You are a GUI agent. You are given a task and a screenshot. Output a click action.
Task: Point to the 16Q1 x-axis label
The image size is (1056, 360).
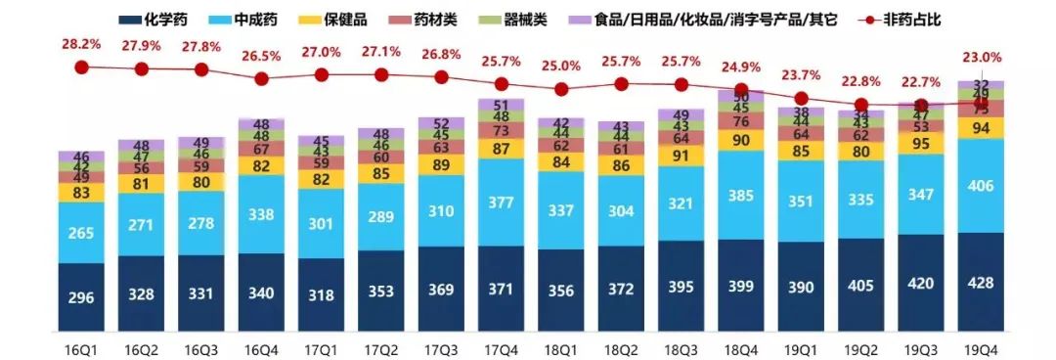pos(82,346)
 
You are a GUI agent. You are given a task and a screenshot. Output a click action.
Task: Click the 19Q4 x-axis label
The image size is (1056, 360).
pos(980,346)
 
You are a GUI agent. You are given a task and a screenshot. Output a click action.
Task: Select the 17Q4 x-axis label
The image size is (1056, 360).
pos(501,346)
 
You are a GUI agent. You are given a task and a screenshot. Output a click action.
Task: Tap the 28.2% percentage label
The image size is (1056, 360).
pos(82,44)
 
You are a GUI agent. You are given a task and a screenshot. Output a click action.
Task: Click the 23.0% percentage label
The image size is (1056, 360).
pos(980,57)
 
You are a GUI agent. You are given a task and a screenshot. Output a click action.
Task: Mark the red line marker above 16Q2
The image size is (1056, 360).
pos(142,69)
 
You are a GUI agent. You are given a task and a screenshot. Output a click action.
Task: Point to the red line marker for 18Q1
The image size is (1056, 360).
pos(561,89)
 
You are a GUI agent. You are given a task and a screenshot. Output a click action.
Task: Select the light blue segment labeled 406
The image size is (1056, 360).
pos(980,186)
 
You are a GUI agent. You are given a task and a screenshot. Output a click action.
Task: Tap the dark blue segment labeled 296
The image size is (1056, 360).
pos(82,296)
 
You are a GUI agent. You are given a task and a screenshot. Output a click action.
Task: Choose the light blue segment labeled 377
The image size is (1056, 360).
pos(501,202)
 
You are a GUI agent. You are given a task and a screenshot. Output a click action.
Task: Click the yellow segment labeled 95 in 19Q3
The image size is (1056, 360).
pos(920,143)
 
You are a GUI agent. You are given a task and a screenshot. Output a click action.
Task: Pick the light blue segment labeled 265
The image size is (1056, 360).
pos(82,233)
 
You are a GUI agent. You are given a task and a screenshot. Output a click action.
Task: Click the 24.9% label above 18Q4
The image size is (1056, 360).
pos(740,67)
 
